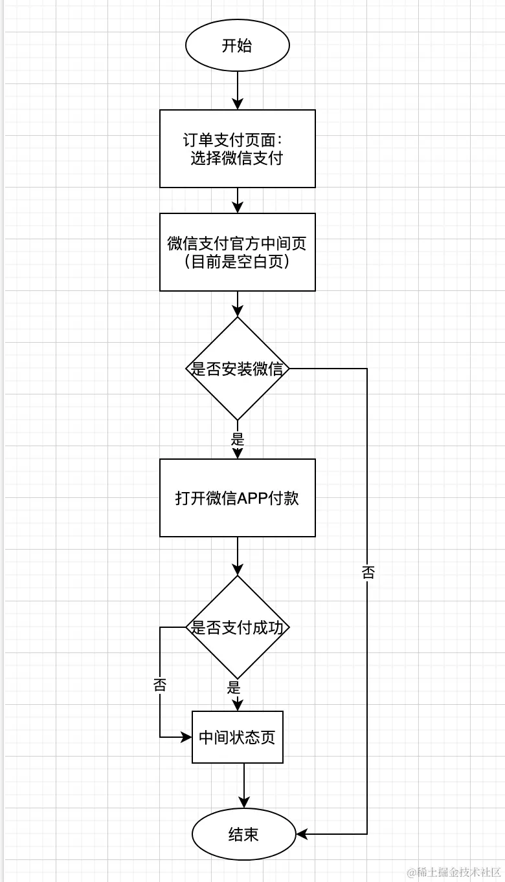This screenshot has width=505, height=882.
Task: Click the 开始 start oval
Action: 237,46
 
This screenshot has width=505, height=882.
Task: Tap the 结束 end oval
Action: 243,834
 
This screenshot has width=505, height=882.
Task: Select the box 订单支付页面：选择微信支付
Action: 237,149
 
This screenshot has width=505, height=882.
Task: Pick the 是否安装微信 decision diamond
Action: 237,369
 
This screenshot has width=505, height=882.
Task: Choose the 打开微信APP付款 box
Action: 237,498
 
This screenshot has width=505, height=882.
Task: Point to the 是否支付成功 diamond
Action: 237,627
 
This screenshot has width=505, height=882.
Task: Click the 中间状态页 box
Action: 237,737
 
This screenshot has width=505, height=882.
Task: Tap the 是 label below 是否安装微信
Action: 237,439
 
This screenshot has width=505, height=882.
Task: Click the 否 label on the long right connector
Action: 368,572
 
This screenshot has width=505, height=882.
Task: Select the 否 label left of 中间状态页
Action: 160,685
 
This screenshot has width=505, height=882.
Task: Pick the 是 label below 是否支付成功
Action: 234,687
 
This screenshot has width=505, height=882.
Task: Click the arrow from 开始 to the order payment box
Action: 237,91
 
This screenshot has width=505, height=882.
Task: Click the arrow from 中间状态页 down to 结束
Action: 243,786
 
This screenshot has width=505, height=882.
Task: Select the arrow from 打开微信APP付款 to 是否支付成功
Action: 237,556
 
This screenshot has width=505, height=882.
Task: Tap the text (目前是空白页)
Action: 237,263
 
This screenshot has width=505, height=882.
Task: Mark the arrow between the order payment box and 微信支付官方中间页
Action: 237,200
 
